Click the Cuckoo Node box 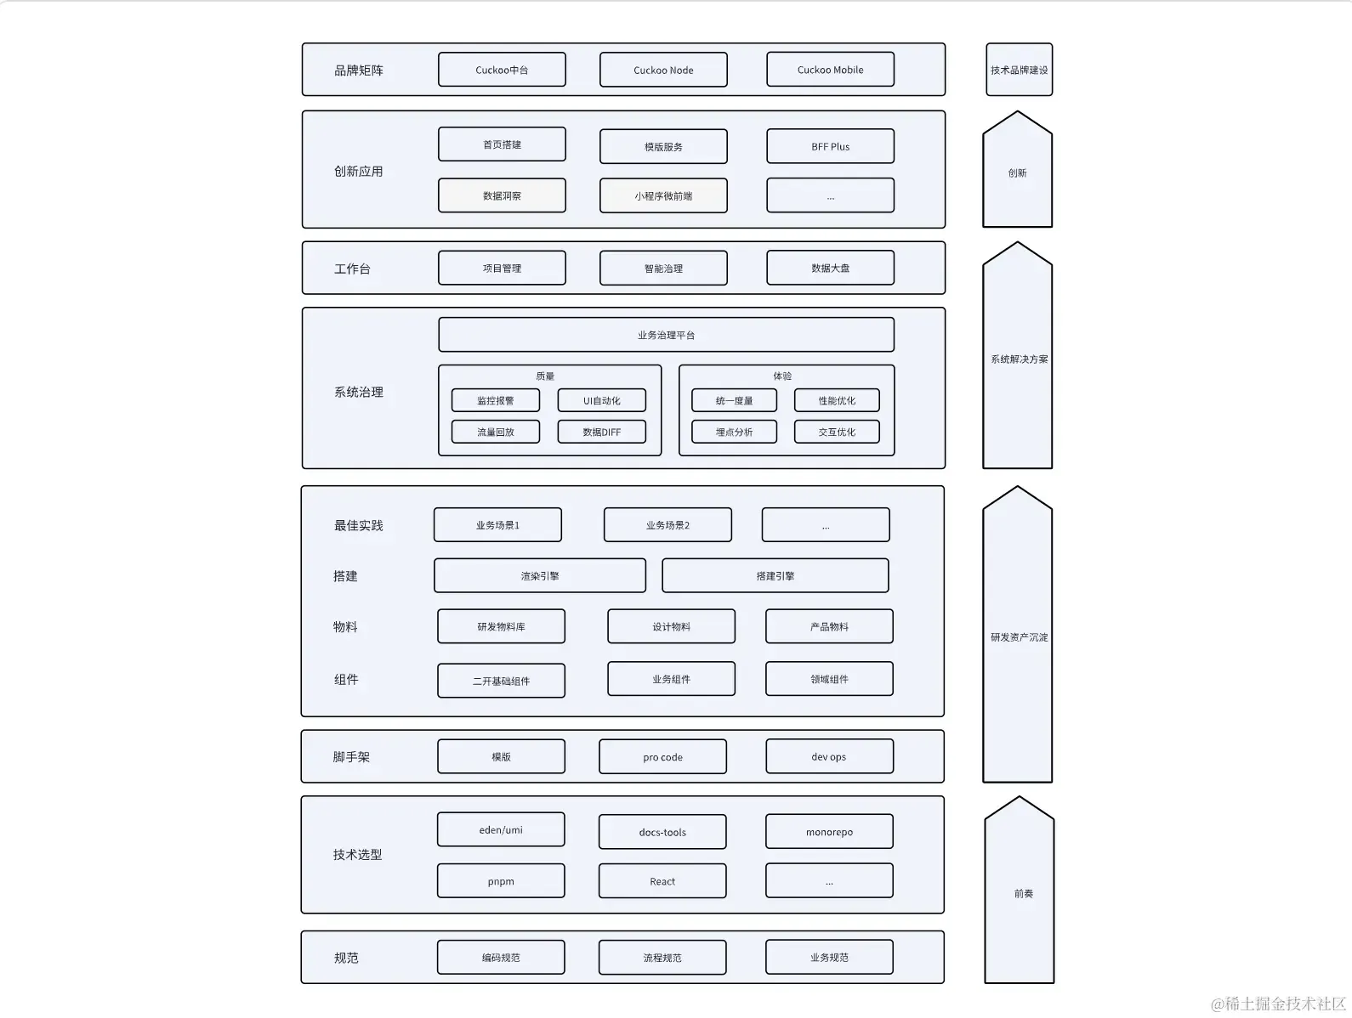tap(663, 70)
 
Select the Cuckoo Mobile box tap(830, 70)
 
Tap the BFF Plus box tap(830, 146)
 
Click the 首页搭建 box tap(502, 144)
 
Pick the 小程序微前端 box tap(663, 195)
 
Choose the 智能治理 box tap(663, 269)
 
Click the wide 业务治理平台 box tap(666, 335)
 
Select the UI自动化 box tap(601, 400)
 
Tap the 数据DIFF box tap(601, 432)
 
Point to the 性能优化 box tap(837, 400)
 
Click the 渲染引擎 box tap(540, 575)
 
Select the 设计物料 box tap(671, 626)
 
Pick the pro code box tap(662, 757)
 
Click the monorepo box tap(829, 832)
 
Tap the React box tap(662, 881)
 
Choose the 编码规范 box tap(501, 958)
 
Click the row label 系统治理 tap(358, 392)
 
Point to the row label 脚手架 tap(351, 756)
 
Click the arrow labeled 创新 tap(1017, 172)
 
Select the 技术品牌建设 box tap(1019, 70)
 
